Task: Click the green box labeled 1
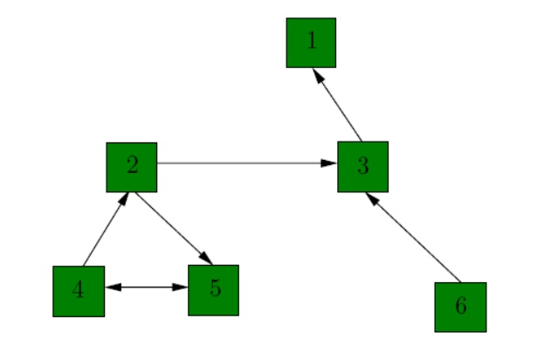point(311,42)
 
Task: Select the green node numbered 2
point(132,167)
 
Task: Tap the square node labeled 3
point(362,166)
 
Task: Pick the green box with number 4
point(79,291)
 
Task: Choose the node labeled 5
point(213,289)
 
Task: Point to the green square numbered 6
point(460,307)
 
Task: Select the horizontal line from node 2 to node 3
point(244,163)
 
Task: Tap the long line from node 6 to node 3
point(414,239)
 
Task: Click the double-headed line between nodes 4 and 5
point(147,287)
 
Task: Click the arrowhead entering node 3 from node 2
point(330,163)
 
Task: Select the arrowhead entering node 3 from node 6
point(372,199)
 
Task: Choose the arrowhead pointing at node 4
point(112,287)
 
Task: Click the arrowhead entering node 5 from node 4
point(182,287)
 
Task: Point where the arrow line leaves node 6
point(459,281)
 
